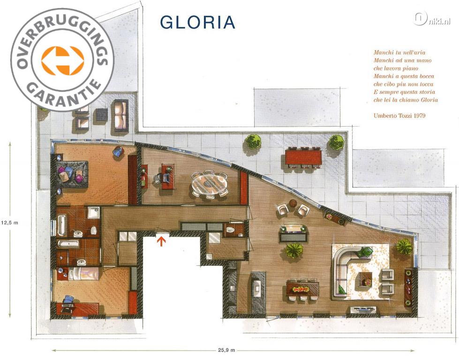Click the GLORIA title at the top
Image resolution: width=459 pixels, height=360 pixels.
[x=197, y=22]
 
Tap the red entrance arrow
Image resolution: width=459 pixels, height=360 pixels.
[x=162, y=241]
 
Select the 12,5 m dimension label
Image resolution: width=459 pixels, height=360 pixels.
[x=9, y=223]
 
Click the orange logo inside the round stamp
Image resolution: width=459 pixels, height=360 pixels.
[x=63, y=60]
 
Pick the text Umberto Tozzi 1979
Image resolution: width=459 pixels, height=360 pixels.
[x=399, y=115]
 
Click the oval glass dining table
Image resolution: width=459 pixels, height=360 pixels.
[x=210, y=184]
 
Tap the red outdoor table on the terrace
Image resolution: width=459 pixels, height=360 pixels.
[x=303, y=157]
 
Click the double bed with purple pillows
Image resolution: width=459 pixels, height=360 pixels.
[x=72, y=175]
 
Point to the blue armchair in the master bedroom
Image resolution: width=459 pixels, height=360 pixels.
[x=118, y=151]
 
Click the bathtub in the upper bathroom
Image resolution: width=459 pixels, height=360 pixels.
[x=62, y=225]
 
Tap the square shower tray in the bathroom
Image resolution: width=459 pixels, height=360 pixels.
[x=94, y=212]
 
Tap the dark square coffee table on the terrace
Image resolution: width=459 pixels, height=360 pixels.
[x=103, y=115]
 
